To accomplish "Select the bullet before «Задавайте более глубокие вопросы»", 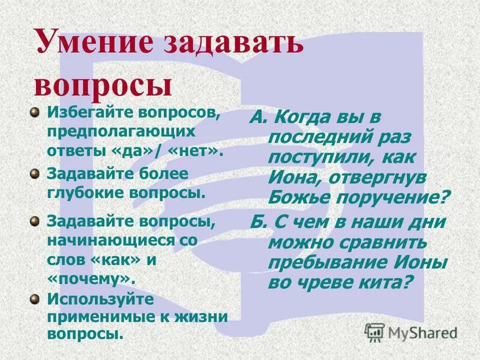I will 35,173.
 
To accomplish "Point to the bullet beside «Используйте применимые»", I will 35,298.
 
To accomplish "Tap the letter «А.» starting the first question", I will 259,117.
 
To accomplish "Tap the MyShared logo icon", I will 374,332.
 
